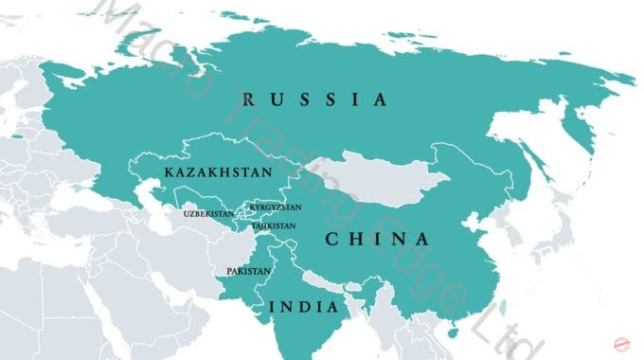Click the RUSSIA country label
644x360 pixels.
click(x=314, y=99)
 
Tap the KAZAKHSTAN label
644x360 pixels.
click(x=218, y=172)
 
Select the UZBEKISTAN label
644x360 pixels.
click(x=207, y=214)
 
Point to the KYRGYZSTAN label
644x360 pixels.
click(x=275, y=207)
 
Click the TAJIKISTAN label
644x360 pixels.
click(x=273, y=226)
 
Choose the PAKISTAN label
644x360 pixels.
click(x=248, y=272)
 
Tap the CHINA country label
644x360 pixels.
click(x=377, y=240)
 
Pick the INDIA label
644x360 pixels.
click(x=304, y=307)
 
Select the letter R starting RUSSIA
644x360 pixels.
click(x=248, y=99)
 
